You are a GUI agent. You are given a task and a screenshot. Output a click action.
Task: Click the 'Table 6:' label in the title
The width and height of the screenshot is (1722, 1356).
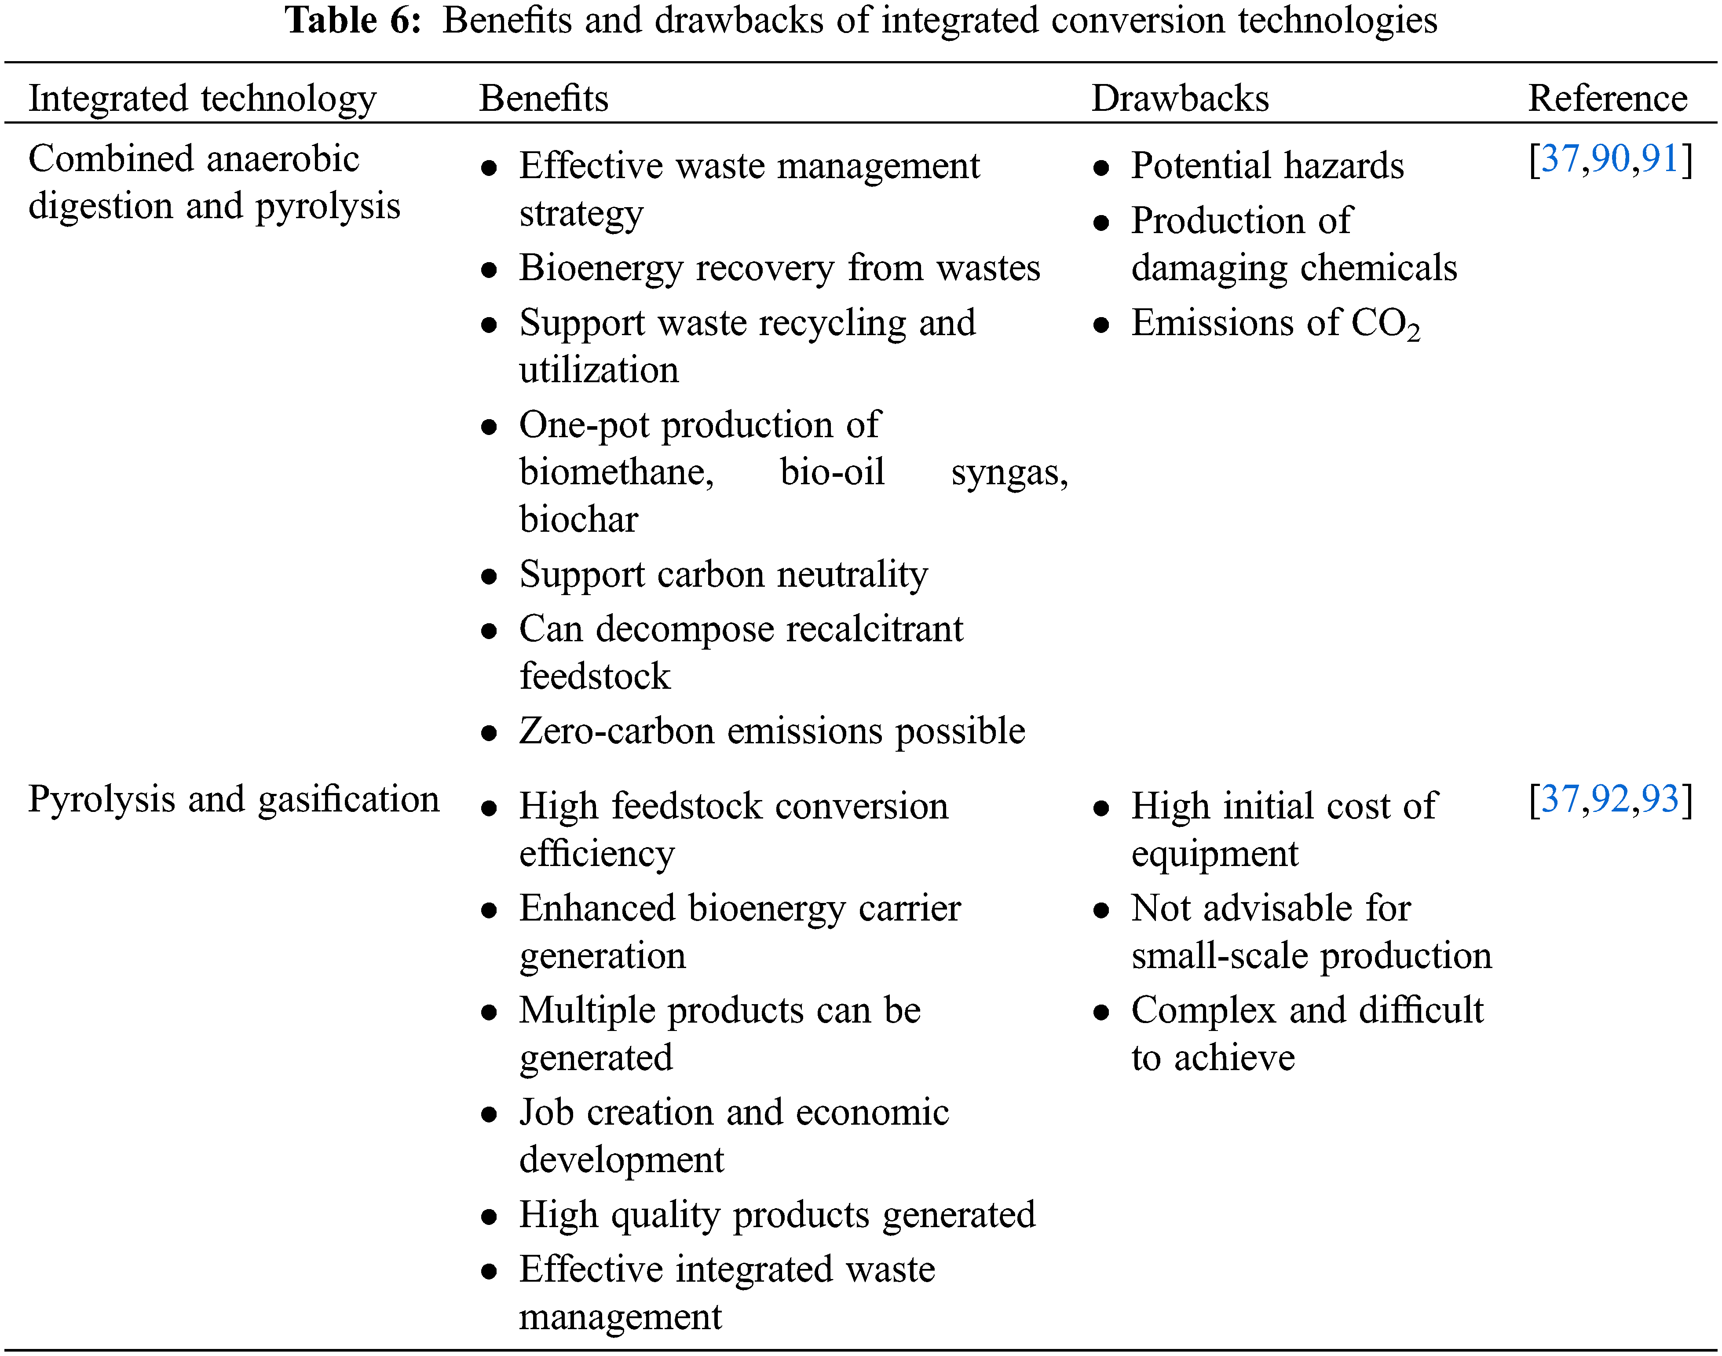pyautogui.click(x=353, y=21)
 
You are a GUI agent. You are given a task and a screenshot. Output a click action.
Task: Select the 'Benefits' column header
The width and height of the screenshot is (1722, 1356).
pyautogui.click(x=544, y=99)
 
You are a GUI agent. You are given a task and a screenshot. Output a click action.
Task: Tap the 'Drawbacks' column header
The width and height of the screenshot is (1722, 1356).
pyautogui.click(x=1180, y=99)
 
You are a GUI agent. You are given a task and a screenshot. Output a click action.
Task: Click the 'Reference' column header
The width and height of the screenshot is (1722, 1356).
pyautogui.click(x=1608, y=99)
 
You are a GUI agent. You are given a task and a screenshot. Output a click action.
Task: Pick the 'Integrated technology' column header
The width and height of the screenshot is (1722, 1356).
pyautogui.click(x=202, y=99)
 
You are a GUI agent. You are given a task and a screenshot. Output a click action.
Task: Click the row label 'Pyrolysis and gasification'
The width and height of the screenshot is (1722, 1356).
pyautogui.click(x=234, y=799)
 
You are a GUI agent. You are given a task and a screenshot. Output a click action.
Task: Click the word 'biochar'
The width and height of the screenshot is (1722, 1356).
pyautogui.click(x=579, y=519)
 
